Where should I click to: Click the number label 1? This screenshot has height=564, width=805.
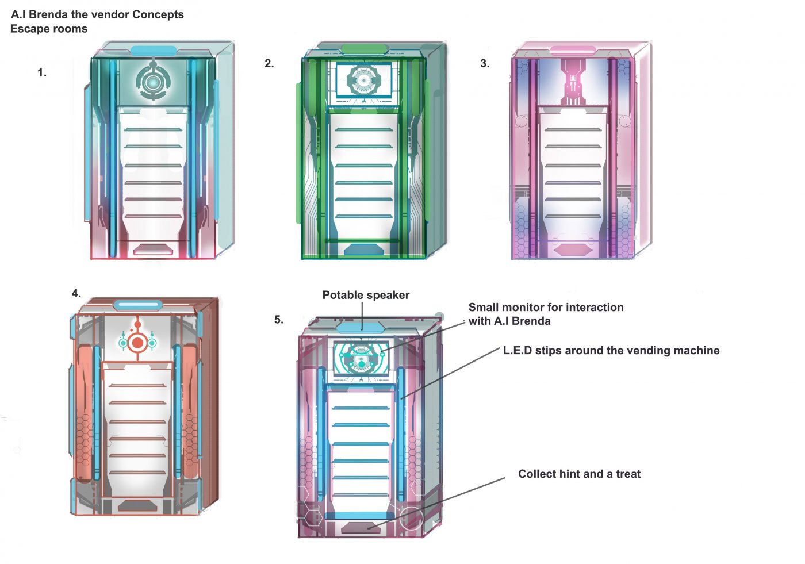[42, 72]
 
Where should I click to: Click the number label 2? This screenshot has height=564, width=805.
[269, 63]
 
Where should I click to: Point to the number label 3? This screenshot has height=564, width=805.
[485, 63]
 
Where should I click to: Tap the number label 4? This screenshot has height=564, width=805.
[76, 293]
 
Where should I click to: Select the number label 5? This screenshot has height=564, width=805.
[279, 319]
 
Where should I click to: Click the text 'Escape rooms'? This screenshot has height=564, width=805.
[49, 29]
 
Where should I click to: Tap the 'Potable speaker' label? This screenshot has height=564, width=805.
[366, 295]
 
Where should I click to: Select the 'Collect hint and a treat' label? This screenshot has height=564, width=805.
[580, 474]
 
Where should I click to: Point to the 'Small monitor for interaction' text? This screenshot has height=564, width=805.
[546, 307]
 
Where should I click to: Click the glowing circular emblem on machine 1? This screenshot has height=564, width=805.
[153, 82]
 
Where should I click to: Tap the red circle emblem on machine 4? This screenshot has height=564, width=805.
[137, 343]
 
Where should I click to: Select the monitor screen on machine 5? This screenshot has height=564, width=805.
[361, 359]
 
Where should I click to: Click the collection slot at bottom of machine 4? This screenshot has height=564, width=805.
[137, 505]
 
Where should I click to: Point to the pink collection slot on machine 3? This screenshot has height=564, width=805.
[573, 250]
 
